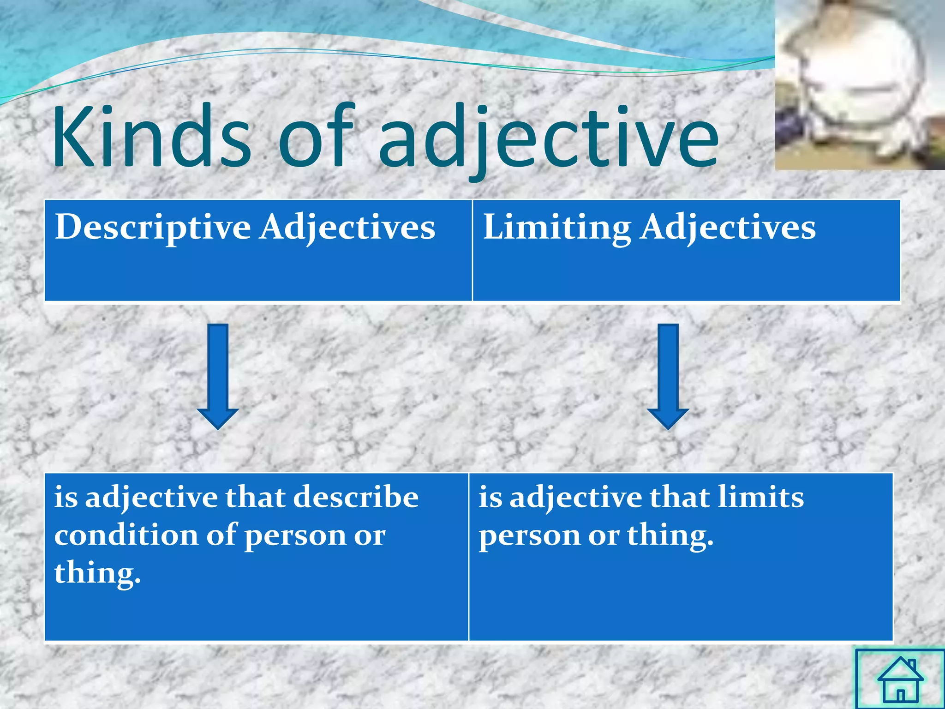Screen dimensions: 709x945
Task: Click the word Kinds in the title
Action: tap(152, 136)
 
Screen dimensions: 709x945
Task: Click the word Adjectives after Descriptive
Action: tap(347, 228)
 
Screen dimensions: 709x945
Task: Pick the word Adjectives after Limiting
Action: tap(728, 228)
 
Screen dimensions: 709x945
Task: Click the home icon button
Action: tap(900, 679)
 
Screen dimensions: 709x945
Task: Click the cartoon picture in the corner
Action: tap(859, 84)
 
